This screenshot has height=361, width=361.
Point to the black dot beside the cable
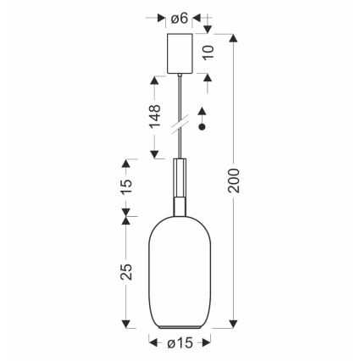(x=202, y=127)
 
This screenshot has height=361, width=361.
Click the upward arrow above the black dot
(x=202, y=111)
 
